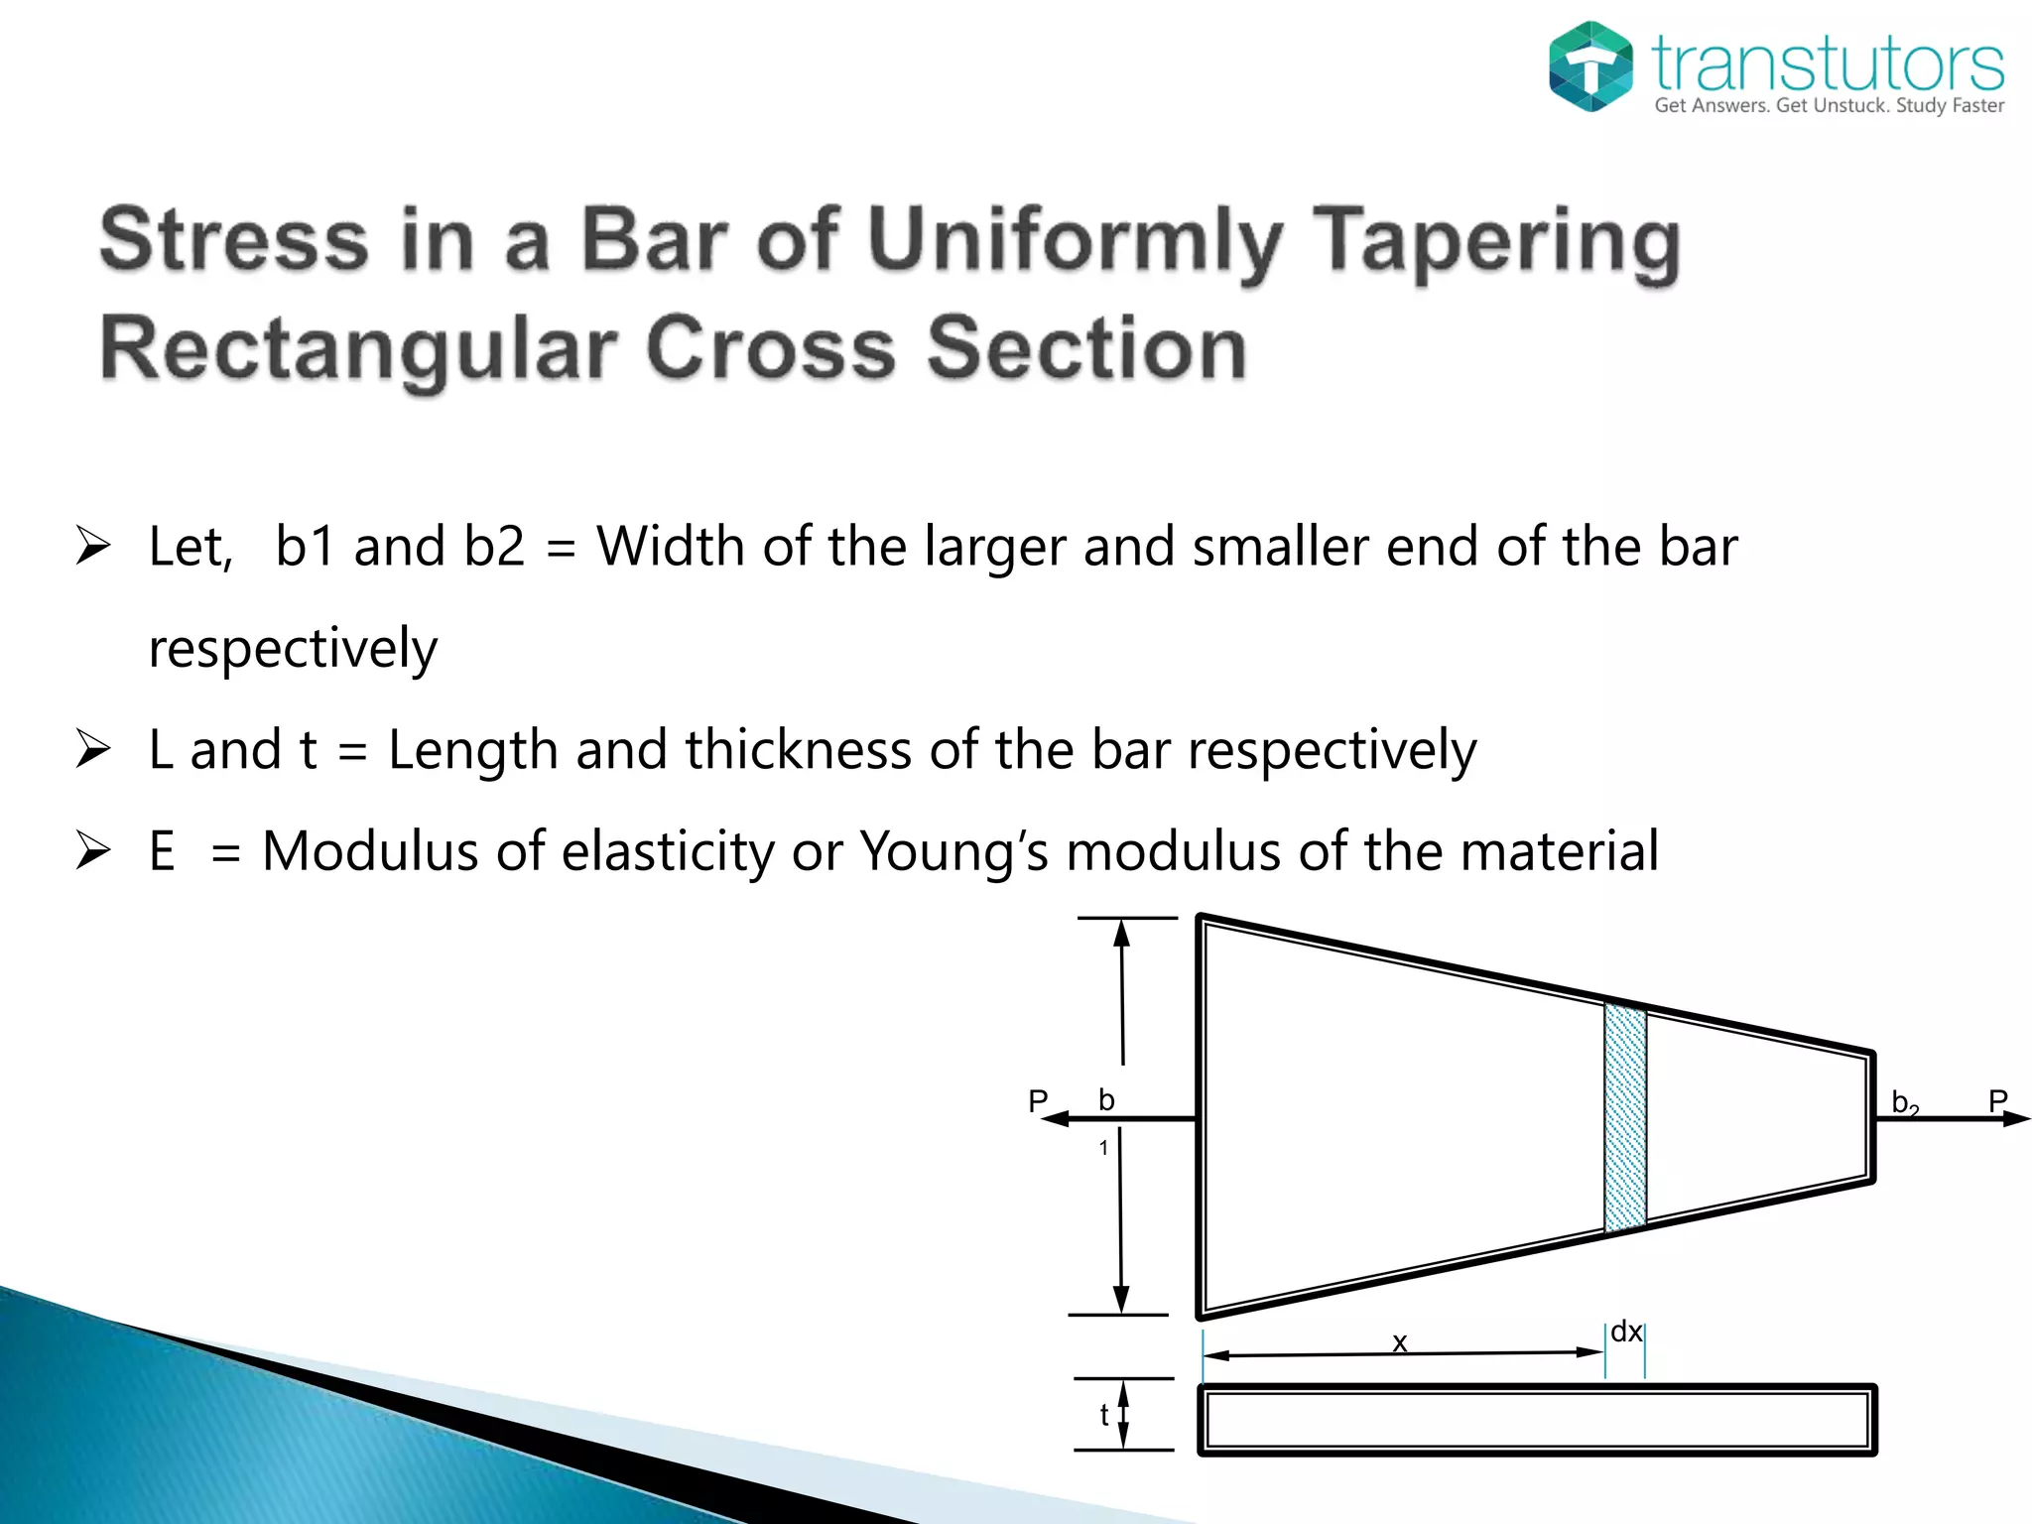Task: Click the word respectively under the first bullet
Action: point(293,650)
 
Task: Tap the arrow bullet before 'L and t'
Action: point(92,749)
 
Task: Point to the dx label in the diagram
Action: point(1626,1332)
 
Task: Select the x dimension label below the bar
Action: point(1400,1342)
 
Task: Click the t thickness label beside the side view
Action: point(1104,1416)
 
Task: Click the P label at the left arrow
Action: point(1038,1100)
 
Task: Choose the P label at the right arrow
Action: point(1998,1100)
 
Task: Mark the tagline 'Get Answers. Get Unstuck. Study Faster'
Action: point(1829,106)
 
